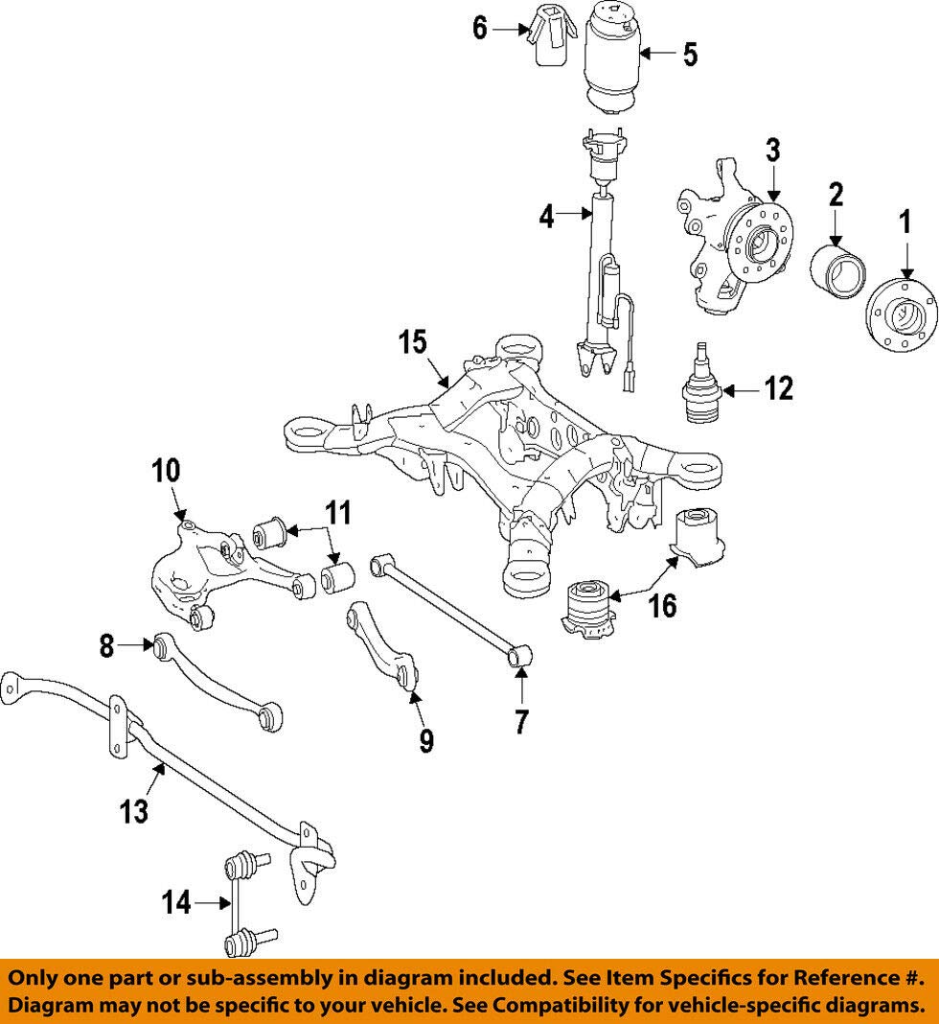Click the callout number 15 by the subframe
pyautogui.click(x=413, y=342)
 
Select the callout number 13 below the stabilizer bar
pyautogui.click(x=134, y=812)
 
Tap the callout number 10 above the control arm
pyautogui.click(x=166, y=471)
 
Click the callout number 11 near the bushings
pyautogui.click(x=338, y=513)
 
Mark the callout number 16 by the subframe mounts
pyautogui.click(x=662, y=606)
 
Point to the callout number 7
pyautogui.click(x=520, y=722)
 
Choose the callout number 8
pyautogui.click(x=106, y=646)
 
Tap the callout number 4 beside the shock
pyautogui.click(x=547, y=217)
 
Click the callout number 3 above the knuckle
pyautogui.click(x=772, y=151)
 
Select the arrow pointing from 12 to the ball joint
pyautogui.click(x=742, y=390)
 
